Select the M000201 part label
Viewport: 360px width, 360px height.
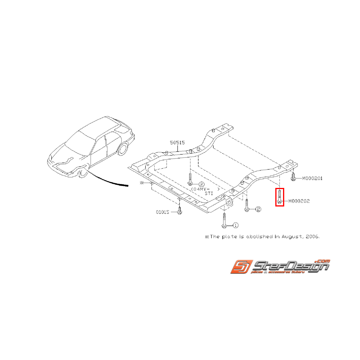pos(312,178)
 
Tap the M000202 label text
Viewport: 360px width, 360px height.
pos(299,201)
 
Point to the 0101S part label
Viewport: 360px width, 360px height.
pos(162,212)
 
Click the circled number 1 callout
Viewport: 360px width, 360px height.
pos(235,225)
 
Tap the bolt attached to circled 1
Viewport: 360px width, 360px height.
pos(224,221)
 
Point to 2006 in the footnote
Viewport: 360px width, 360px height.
pos(312,236)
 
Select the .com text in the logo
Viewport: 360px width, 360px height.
pos(322,261)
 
